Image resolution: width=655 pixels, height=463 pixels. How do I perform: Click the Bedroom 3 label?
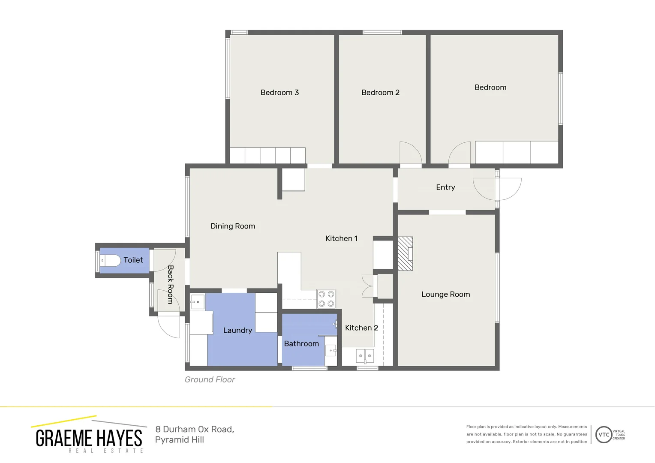click(279, 93)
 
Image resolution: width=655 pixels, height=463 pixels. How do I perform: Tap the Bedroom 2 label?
click(380, 93)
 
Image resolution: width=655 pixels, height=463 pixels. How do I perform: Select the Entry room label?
click(445, 187)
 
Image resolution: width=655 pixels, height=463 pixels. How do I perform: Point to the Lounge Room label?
click(445, 295)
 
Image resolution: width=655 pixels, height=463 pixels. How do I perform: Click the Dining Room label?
click(233, 226)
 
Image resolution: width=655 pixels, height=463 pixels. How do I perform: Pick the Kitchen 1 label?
click(341, 238)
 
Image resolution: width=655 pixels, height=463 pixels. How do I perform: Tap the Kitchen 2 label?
click(361, 328)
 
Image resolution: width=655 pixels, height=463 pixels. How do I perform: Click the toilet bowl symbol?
click(110, 260)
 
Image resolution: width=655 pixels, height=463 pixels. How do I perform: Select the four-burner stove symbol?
click(326, 299)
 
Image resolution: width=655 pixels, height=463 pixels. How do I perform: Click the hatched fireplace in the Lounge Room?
click(405, 254)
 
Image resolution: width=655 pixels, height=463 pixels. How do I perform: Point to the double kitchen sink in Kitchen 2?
click(365, 356)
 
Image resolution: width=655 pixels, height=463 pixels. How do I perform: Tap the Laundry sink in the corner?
click(197, 302)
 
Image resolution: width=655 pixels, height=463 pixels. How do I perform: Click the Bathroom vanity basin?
click(331, 351)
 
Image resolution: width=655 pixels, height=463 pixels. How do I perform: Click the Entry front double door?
click(497, 189)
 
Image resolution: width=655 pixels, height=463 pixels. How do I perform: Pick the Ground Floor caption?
click(210, 380)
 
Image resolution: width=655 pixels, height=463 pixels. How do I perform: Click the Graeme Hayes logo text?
click(89, 438)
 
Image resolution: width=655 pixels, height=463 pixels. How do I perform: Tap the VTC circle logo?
click(604, 435)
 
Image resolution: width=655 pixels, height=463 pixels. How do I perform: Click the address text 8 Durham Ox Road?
click(195, 430)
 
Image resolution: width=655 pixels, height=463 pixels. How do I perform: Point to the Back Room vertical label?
click(170, 285)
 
